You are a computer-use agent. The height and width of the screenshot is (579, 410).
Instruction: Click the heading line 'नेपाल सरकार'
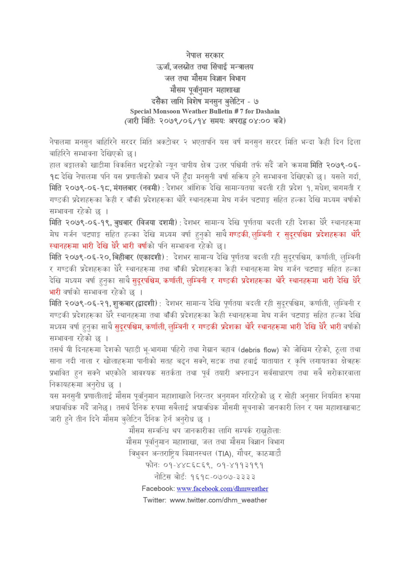coord(205,55)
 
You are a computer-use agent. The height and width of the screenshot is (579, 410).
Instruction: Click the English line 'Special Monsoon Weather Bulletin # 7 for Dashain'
coord(205,112)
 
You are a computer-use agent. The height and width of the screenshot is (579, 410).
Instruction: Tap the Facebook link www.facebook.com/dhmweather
coord(222,489)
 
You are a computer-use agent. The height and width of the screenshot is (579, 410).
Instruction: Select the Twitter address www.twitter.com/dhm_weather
coord(218,500)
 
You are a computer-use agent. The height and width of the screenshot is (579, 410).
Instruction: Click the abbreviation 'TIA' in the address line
coord(224,454)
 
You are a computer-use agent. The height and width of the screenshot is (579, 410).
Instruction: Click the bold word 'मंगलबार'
coord(125,188)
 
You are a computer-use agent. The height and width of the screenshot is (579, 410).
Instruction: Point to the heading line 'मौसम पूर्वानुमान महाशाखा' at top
coord(205,90)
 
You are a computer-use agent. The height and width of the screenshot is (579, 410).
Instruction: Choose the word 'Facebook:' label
coord(157,489)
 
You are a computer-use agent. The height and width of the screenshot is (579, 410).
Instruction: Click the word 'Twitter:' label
coord(154,500)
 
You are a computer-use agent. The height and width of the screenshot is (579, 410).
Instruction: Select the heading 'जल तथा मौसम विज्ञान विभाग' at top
coord(205,78)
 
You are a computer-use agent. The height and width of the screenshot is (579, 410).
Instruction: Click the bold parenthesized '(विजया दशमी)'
coord(157,223)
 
